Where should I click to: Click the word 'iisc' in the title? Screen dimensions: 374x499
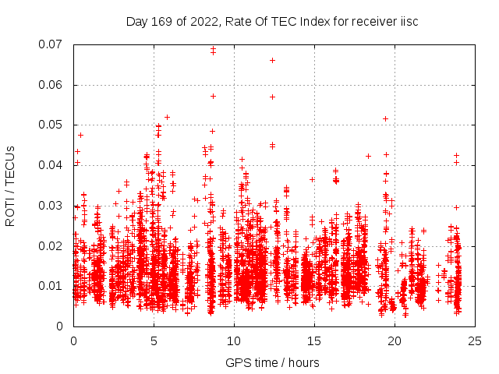coord(408,21)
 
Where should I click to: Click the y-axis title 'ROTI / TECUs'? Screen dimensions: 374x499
coord(10,185)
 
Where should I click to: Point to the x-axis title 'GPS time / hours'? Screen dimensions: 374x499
coord(273,362)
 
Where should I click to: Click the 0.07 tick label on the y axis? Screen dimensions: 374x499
coord(52,44)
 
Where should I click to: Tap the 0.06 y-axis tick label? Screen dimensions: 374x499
coord(52,85)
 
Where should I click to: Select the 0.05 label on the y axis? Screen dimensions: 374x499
coord(52,125)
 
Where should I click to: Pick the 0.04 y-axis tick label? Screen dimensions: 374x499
coord(52,165)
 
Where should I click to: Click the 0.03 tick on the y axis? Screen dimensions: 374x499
coord(52,206)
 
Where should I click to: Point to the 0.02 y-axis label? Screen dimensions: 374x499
coord(52,245)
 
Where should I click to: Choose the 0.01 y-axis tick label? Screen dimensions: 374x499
coord(52,286)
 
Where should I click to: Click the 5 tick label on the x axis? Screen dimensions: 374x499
coord(154,341)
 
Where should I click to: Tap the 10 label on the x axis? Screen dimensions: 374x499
coord(234,341)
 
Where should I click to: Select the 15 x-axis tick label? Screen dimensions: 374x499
coord(314,341)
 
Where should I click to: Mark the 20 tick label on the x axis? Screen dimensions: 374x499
coord(395,341)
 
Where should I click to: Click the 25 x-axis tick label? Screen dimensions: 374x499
coord(475,341)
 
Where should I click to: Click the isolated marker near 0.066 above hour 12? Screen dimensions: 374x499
coord(272,60)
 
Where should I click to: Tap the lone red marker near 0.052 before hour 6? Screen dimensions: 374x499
coord(167,117)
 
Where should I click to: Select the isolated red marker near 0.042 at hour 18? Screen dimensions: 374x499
coord(368,156)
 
